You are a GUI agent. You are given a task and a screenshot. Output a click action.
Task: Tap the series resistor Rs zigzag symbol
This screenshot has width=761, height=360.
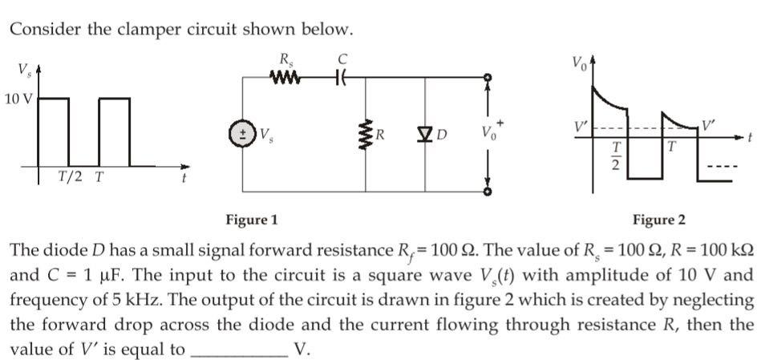(x=286, y=78)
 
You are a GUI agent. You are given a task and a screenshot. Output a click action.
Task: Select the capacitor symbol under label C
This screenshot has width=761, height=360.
(x=341, y=78)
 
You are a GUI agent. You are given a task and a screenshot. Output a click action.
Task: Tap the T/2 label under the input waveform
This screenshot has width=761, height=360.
(x=69, y=176)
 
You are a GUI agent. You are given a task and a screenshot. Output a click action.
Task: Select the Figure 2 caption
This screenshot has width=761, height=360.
(x=659, y=219)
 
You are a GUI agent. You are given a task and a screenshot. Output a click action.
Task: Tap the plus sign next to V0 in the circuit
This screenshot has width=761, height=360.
(x=503, y=122)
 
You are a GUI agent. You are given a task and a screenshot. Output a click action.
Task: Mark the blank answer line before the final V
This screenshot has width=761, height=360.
(x=238, y=351)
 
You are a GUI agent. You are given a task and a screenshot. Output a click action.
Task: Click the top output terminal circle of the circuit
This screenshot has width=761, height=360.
(x=486, y=78)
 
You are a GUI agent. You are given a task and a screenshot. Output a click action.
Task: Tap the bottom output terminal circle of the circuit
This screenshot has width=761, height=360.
(x=486, y=192)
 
